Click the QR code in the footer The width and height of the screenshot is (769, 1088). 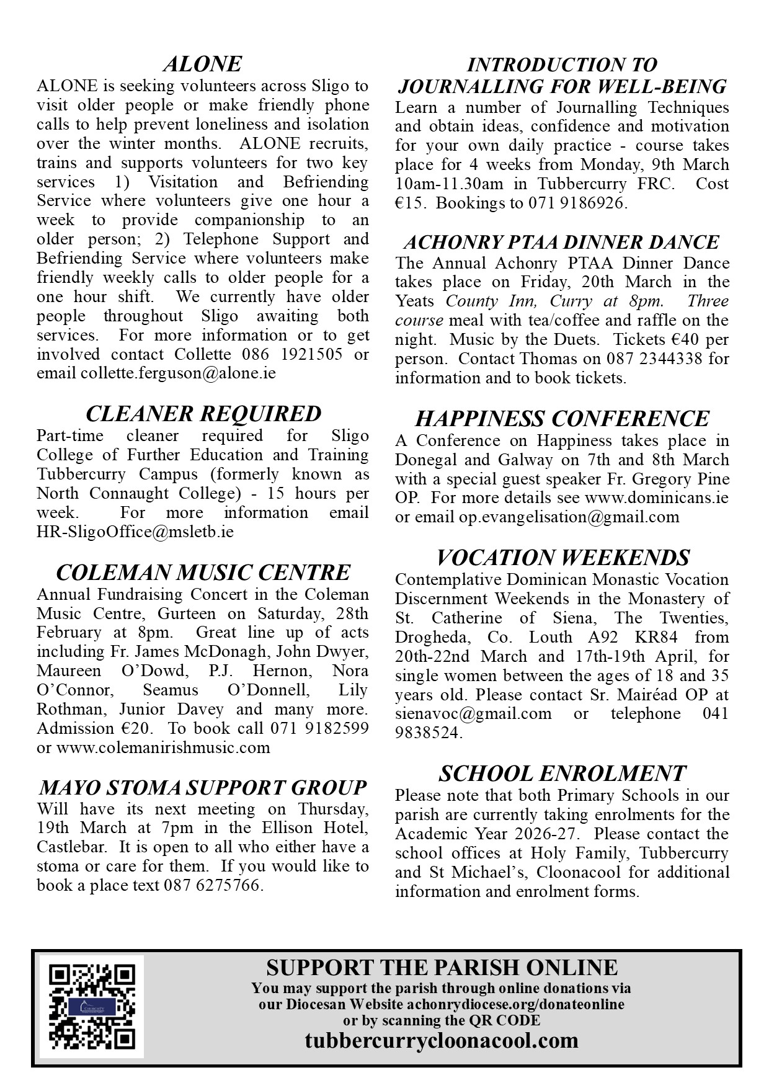tap(92, 1006)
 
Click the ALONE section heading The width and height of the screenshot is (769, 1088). tap(202, 64)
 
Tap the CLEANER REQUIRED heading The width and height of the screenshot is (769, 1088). tap(203, 414)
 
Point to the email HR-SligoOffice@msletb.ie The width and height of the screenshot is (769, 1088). tap(135, 532)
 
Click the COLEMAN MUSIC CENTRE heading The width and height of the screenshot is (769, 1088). tap(203, 572)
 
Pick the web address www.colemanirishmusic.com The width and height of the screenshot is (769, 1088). tap(163, 747)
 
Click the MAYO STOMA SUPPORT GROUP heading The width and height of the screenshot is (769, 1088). tap(203, 787)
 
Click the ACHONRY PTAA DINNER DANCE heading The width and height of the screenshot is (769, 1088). tap(561, 242)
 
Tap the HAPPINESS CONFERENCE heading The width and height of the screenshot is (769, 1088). tap(562, 419)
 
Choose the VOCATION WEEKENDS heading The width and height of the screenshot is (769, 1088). tap(562, 557)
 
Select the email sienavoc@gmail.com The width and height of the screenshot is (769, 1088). tap(473, 713)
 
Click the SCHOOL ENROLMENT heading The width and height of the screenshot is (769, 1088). tap(562, 774)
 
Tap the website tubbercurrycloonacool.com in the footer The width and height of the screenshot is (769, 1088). tap(442, 1040)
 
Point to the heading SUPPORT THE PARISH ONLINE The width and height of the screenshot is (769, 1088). tap(442, 967)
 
